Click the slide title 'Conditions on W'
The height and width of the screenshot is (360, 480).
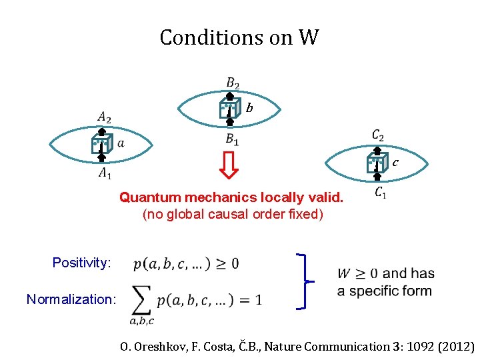[x=239, y=37]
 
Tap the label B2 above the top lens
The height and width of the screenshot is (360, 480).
[x=232, y=83]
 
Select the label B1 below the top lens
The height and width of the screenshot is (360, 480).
[x=232, y=140]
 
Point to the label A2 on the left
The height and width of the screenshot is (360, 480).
[x=104, y=118]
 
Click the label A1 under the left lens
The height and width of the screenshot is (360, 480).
[x=105, y=173]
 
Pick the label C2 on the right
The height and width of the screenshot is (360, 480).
[x=378, y=136]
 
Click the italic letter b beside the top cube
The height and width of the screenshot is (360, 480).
[x=249, y=107]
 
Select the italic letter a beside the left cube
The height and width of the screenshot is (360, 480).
[x=121, y=143]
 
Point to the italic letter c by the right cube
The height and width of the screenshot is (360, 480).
[x=395, y=162]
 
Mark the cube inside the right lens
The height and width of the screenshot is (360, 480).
[x=377, y=162]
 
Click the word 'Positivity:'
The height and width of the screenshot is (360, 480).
[x=81, y=263]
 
